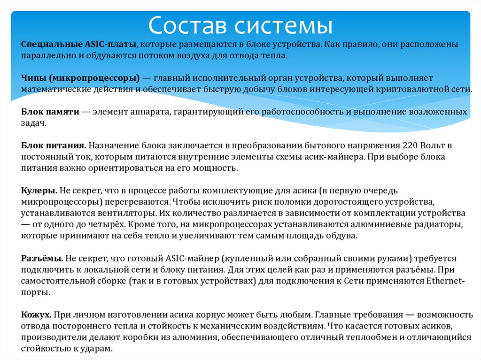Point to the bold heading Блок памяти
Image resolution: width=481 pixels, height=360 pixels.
[48, 111]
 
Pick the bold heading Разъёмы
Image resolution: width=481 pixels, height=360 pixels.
[42, 258]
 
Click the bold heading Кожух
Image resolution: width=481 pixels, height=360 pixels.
[36, 314]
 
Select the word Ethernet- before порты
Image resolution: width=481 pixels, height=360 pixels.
[444, 281]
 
